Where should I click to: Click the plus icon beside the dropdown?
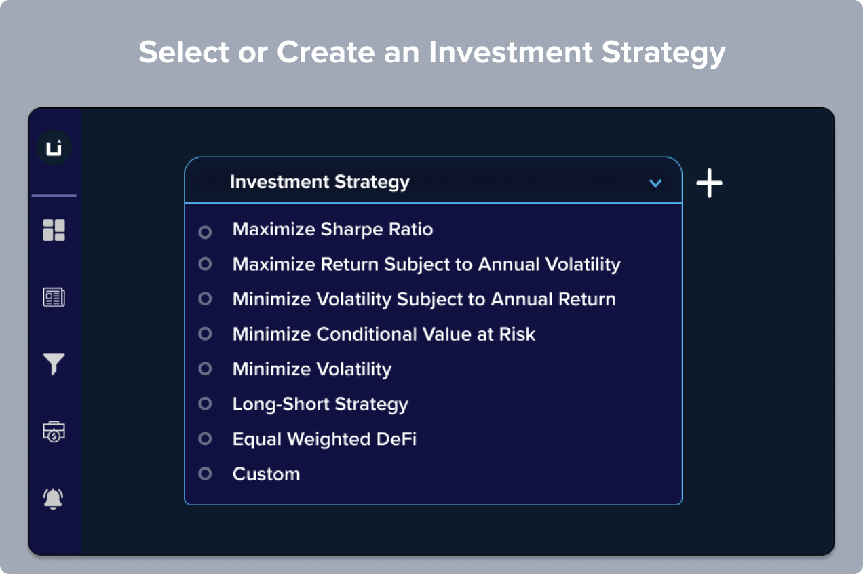coord(709,183)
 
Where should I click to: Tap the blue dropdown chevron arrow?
coord(655,183)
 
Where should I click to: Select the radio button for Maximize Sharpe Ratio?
coord(205,232)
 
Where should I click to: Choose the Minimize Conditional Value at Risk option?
coord(384,334)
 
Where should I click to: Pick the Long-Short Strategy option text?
coord(320,404)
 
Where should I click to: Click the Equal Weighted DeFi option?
coord(324,439)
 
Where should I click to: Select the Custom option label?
coord(266,474)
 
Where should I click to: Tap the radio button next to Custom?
coord(205,474)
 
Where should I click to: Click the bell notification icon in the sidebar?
coord(54,499)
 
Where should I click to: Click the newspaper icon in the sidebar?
coord(54,297)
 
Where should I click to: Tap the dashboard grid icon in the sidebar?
coord(54,230)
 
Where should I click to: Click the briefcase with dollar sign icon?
coord(54,432)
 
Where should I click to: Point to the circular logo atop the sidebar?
coord(54,147)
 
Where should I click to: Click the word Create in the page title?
coord(326,52)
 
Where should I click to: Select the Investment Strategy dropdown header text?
coord(320,183)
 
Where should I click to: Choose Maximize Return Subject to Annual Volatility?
coord(427,265)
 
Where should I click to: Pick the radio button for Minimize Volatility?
coord(205,368)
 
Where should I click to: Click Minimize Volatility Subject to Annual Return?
coord(424,299)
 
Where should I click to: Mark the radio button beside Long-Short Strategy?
coord(205,404)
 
